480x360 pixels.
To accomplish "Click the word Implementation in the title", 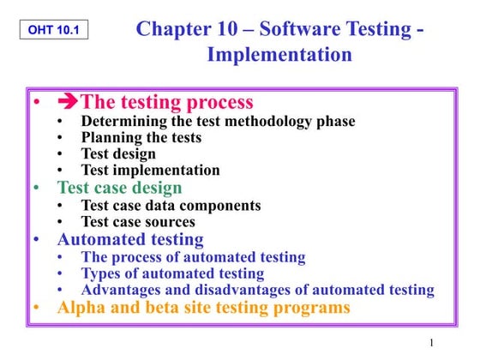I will tap(279, 56).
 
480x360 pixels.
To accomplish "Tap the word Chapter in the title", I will tap(175, 28).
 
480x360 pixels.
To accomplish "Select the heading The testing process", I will tap(167, 103).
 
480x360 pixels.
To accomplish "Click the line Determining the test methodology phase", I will tap(218, 122).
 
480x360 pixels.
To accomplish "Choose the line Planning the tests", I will tap(141, 138).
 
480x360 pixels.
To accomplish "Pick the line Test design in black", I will tap(118, 154).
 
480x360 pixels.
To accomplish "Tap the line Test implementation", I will tap(150, 171).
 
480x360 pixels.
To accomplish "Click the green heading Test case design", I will tap(119, 188).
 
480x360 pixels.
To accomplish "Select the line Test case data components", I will tap(171, 206).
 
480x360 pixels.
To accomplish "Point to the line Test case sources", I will tap(138, 222).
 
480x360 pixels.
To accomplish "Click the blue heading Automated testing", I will tap(130, 239).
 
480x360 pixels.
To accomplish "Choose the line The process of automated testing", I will tap(193, 257).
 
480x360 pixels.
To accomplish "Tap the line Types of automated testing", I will tap(172, 273).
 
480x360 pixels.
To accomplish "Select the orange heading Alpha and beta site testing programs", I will tap(203, 308).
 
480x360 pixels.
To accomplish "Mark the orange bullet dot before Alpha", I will tap(36, 308).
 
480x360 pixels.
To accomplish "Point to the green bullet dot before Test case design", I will tap(36, 188).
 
